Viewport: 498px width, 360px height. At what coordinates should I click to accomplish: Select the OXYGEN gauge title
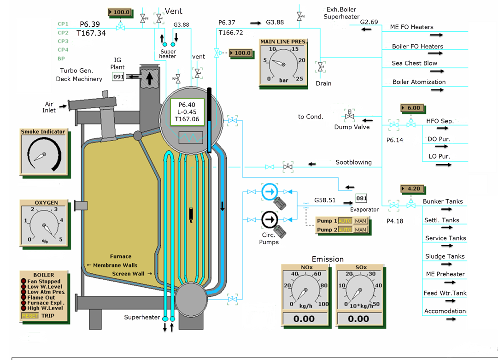click(x=46, y=203)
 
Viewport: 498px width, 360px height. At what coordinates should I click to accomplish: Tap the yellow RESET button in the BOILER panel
click(x=30, y=316)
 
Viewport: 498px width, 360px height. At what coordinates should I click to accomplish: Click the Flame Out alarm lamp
click(x=23, y=297)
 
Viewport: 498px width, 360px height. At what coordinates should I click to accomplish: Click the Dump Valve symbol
click(x=349, y=114)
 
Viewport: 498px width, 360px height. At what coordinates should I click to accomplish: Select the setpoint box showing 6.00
click(x=412, y=108)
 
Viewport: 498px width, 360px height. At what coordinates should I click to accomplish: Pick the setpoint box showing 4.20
click(x=412, y=189)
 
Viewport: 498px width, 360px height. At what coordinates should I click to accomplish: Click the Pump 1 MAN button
click(x=360, y=221)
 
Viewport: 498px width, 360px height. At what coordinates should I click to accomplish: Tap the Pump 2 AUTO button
click(x=345, y=230)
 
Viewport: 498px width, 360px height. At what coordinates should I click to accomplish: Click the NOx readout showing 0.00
click(x=304, y=319)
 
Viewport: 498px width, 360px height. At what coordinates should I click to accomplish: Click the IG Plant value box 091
click(x=118, y=77)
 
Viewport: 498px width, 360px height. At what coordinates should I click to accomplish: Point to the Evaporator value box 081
click(x=362, y=199)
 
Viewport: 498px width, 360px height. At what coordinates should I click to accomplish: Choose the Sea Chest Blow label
click(x=415, y=63)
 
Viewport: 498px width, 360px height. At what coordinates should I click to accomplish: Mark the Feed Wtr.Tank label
click(x=445, y=293)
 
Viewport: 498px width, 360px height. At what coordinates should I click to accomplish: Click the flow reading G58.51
click(x=325, y=201)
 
